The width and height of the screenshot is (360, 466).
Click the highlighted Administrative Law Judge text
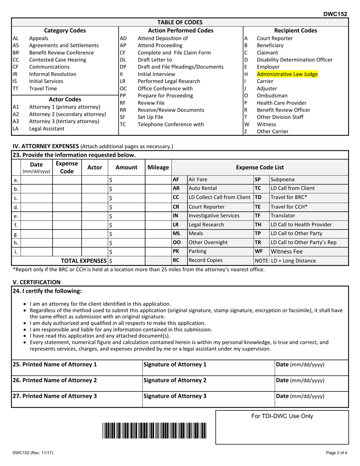point(287,74)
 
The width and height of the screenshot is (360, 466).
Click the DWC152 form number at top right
point(335,14)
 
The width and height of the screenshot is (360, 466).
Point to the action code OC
point(123,88)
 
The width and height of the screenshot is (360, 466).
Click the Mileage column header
point(158,167)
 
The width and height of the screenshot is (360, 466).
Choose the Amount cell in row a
point(127,180)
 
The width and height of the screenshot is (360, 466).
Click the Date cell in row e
point(36,216)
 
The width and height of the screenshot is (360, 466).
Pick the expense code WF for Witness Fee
point(258,251)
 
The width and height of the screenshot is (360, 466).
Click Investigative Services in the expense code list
point(214,216)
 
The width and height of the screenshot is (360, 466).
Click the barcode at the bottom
point(154,430)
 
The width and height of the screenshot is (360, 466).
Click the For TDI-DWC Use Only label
point(282,416)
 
